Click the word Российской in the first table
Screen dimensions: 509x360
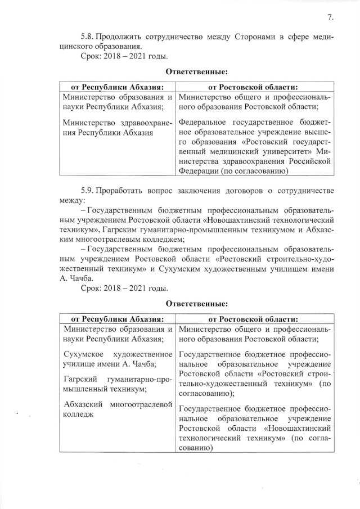coord(305,161)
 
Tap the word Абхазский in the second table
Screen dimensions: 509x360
coord(84,404)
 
